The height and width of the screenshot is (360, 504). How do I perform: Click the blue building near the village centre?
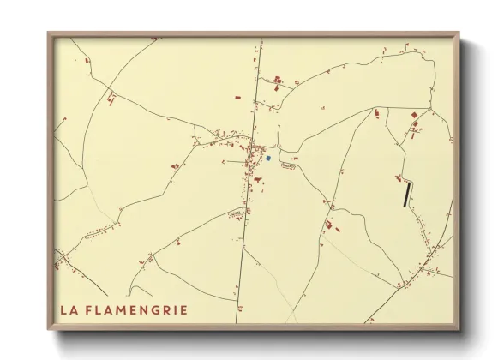click(268, 158)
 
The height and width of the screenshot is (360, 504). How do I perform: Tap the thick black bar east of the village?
click(407, 194)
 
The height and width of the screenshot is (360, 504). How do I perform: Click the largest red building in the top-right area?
click(416, 114)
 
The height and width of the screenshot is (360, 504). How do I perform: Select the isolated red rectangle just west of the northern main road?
click(237, 99)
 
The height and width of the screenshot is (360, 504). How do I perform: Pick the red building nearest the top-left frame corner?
click(87, 60)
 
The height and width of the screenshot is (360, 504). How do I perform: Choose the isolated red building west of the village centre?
click(176, 165)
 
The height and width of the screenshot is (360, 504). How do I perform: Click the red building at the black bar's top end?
click(399, 178)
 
